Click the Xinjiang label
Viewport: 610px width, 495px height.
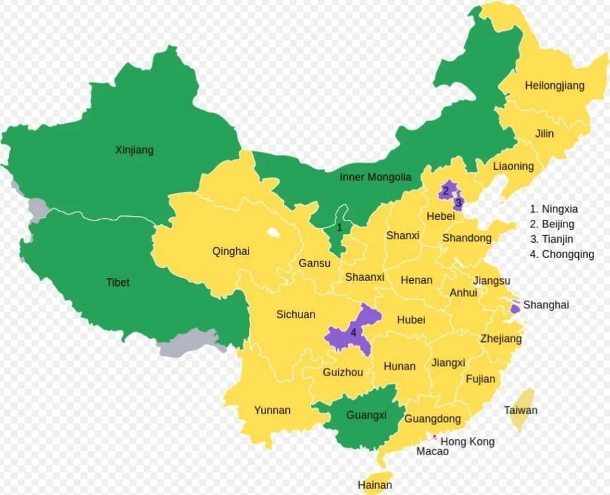[x=134, y=151]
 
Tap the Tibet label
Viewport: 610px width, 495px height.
[x=118, y=282]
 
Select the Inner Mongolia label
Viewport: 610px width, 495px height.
[x=375, y=177]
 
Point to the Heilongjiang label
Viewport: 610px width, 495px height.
[x=554, y=86]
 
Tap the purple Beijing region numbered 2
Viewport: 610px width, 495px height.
[x=447, y=189]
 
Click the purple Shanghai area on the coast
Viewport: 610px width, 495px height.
[x=515, y=308]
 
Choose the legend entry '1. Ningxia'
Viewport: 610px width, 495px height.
[x=553, y=209]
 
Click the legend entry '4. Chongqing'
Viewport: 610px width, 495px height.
[x=562, y=255]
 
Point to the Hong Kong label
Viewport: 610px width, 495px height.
[x=467, y=442]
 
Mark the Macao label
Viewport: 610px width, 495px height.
[x=432, y=451]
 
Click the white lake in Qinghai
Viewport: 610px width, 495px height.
[x=273, y=233]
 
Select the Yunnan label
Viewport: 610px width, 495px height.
[x=272, y=410]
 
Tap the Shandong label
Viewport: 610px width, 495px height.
[x=466, y=238]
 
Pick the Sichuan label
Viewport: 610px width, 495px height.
[x=295, y=315]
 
